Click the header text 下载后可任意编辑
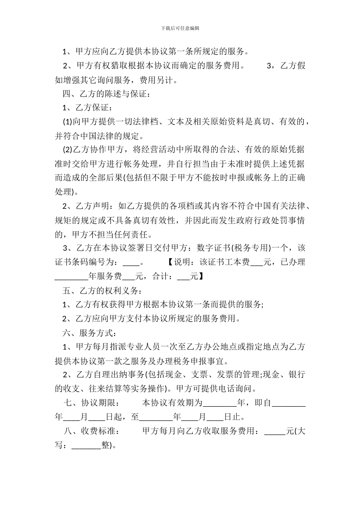[x=180, y=28]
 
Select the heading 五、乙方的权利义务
[x=102, y=291]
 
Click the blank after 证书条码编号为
[x=131, y=262]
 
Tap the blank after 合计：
[x=183, y=276]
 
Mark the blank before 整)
[x=86, y=445]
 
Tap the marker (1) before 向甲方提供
[x=67, y=122]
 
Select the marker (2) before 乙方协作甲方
[x=67, y=150]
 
